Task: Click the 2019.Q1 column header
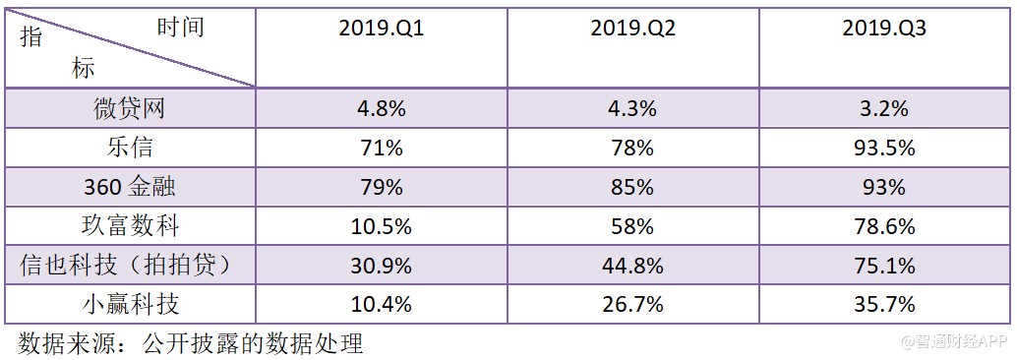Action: tap(381, 29)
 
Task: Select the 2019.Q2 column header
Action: tap(632, 29)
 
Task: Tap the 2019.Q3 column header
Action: tap(884, 29)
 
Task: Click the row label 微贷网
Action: tap(130, 108)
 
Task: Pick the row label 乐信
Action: tap(130, 148)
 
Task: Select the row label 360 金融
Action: tap(130, 187)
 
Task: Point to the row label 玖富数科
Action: tap(130, 226)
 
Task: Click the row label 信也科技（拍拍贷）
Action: tap(130, 266)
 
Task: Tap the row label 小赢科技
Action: tap(130, 304)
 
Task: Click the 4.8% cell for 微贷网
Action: tap(381, 108)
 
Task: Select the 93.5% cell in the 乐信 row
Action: tap(884, 148)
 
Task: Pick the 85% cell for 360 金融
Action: tap(632, 187)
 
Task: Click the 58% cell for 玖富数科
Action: tap(632, 226)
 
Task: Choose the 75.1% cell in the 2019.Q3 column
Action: tap(884, 266)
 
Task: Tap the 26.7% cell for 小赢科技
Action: tap(632, 304)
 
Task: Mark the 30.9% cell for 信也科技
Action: tap(381, 266)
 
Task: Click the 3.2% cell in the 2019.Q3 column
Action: tap(884, 108)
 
